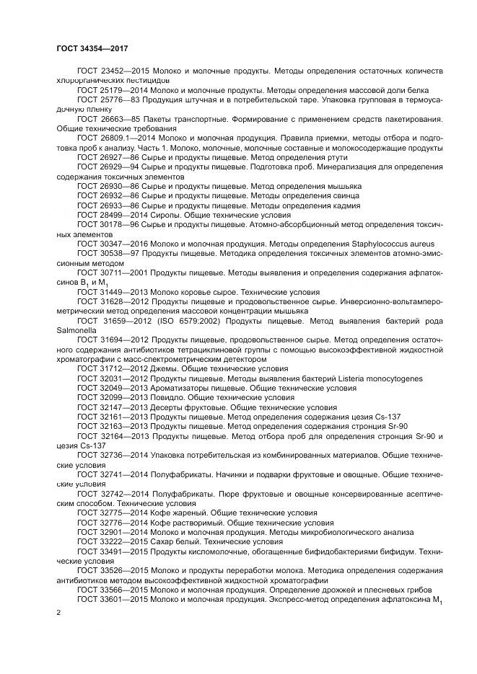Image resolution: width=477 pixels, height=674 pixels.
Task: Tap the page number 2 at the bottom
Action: [58, 612]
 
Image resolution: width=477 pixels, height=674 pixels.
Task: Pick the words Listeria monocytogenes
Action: [380, 378]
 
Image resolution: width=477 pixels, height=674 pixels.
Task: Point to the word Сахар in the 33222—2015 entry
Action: [164, 540]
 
